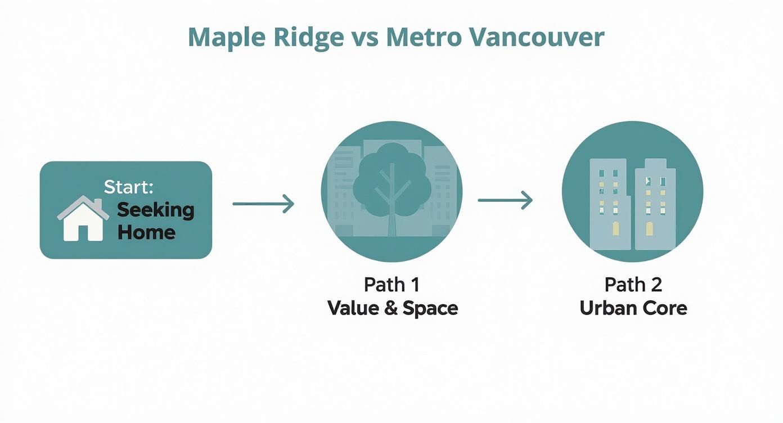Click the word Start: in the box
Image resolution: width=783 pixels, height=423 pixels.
pos(128,188)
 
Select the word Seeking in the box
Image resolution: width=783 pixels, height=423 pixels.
pos(155,210)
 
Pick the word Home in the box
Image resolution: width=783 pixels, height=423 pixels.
pos(146,232)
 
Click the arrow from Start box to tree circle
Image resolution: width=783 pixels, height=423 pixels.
pos(263,203)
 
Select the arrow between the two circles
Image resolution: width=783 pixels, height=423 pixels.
pos(505,200)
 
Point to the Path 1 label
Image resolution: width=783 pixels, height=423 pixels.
pos(391,284)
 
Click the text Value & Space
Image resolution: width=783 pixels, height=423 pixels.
pos(392,308)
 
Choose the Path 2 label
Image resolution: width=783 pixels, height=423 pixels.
pos(633,284)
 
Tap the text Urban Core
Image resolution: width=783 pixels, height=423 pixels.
pos(633,308)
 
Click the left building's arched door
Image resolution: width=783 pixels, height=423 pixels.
pos(615,228)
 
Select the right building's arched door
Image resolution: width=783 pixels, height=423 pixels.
pos(650,228)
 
